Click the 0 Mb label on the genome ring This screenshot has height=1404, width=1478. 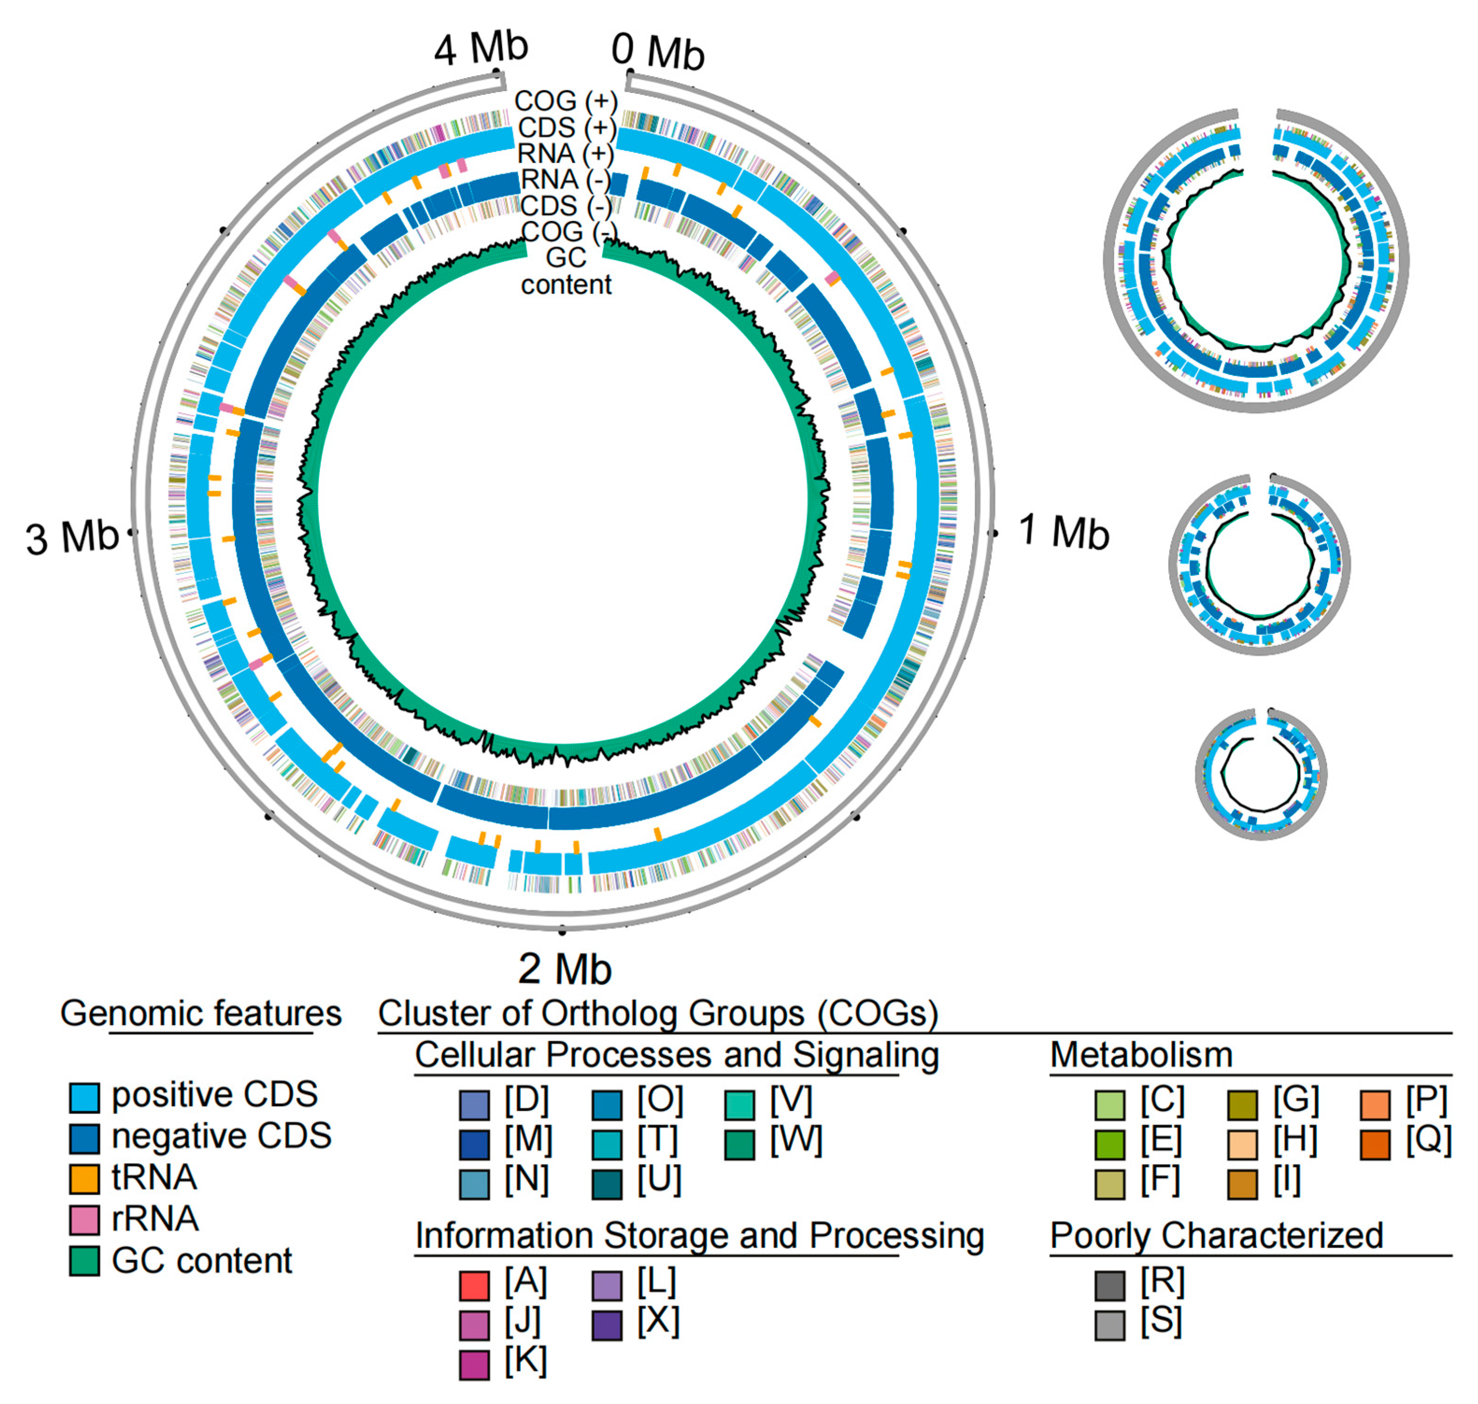pyautogui.click(x=657, y=51)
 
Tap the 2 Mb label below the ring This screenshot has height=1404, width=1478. pyautogui.click(x=565, y=969)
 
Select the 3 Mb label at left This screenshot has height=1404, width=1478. pyautogui.click(x=72, y=537)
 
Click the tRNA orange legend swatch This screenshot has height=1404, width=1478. pyautogui.click(x=84, y=1178)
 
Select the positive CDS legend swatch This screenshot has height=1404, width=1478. pyautogui.click(x=84, y=1096)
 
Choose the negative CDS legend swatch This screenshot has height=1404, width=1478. pyautogui.click(x=84, y=1137)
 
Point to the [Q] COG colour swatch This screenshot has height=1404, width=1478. pyautogui.click(x=1375, y=1143)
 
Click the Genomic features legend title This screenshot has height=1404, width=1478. pyautogui.click(x=201, y=1013)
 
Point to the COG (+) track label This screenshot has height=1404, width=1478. pyautogui.click(x=565, y=101)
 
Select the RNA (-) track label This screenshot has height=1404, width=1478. pyautogui.click(x=565, y=180)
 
